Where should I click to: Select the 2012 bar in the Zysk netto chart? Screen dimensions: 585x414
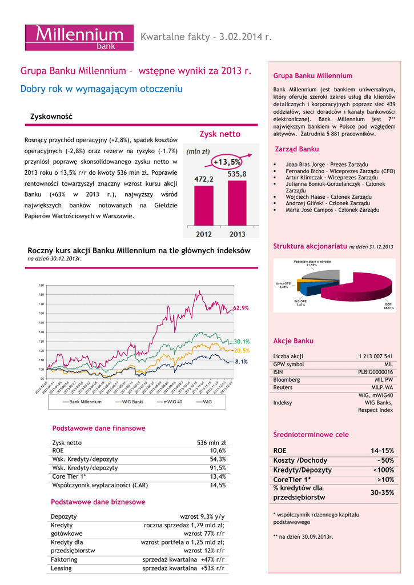[x=204, y=206]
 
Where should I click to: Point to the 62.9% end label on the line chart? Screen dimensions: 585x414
[x=241, y=308]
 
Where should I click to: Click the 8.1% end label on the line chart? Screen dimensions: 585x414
[x=241, y=362]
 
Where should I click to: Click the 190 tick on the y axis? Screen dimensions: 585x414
[x=42, y=285]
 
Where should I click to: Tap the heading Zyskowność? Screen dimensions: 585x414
[x=51, y=117]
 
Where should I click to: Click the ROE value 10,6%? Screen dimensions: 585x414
[x=218, y=451]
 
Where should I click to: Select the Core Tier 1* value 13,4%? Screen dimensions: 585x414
[x=218, y=476]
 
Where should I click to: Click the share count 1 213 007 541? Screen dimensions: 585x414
[x=376, y=356]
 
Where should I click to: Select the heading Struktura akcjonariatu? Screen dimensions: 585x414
[x=310, y=246]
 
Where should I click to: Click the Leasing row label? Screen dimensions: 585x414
[x=61, y=568]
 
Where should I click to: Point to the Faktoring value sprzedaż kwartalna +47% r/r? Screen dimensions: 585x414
[x=183, y=560]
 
